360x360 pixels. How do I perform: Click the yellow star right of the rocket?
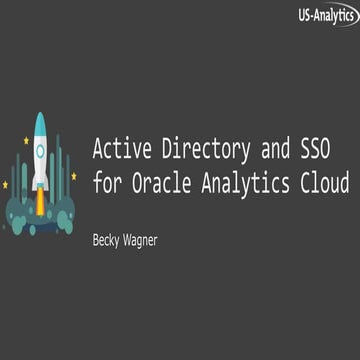pos(73,177)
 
